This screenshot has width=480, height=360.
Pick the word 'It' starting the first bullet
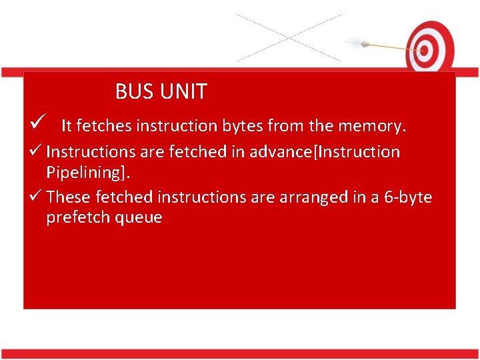pyautogui.click(x=67, y=125)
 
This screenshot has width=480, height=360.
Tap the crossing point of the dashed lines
pyautogui.click(x=288, y=38)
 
